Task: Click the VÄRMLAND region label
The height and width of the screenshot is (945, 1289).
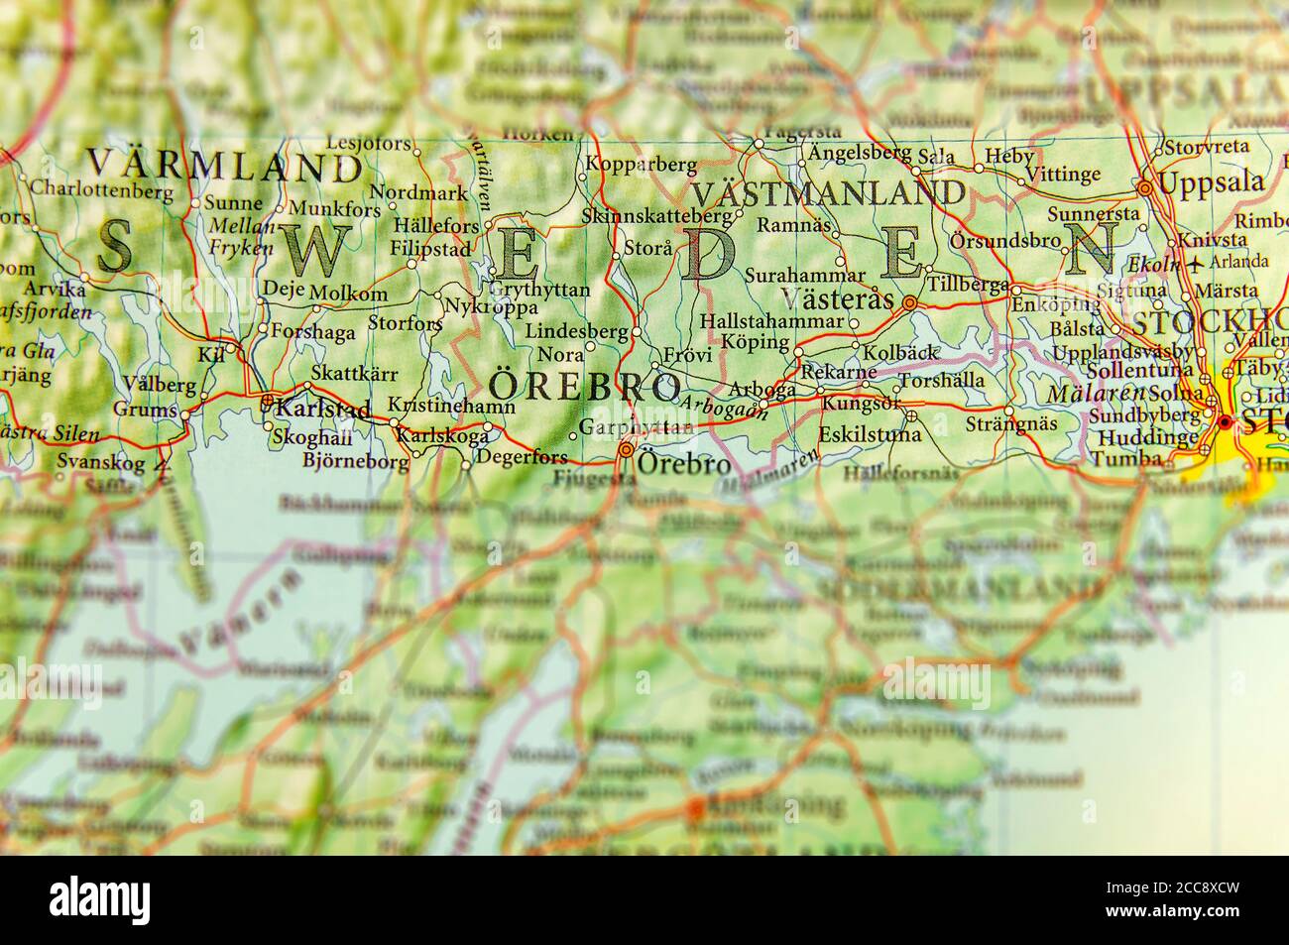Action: click(x=224, y=165)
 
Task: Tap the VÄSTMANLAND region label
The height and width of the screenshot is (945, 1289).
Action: click(x=828, y=192)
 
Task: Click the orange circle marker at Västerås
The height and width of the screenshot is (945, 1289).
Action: click(x=909, y=302)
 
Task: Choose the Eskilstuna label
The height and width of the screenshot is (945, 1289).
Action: click(x=870, y=434)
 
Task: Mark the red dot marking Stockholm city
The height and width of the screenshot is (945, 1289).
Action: click(x=1226, y=422)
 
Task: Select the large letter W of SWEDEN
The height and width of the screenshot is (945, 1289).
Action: click(x=307, y=251)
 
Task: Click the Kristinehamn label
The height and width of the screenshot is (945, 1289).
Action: click(x=451, y=407)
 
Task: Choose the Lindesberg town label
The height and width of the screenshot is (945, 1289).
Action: click(x=577, y=331)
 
